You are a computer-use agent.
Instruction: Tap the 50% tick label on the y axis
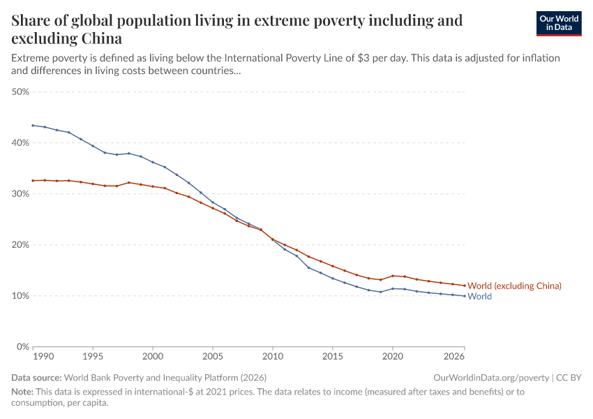20,91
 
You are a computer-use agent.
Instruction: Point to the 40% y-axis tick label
20,142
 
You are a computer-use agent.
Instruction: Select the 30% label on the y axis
20,193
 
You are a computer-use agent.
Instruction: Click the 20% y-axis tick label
20,244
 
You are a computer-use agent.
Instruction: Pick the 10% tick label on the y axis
20,295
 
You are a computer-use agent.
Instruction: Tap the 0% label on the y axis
22,346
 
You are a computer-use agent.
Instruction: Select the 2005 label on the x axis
213,357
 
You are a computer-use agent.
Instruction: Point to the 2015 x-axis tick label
333,357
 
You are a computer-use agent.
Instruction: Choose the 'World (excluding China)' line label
514,286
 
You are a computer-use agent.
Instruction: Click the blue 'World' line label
479,297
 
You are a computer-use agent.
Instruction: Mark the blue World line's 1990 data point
33,125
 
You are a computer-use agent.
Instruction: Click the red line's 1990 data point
33,180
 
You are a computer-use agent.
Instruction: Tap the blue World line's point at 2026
465,295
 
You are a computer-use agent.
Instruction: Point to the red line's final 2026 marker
465,286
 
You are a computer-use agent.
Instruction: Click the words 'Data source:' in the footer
36,377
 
